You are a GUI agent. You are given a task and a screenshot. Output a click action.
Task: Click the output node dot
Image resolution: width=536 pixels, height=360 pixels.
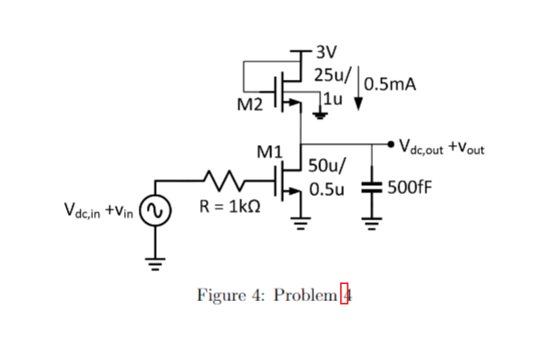(x=390, y=143)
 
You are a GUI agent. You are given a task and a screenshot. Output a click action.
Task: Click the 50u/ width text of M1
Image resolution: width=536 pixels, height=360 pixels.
(x=326, y=166)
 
